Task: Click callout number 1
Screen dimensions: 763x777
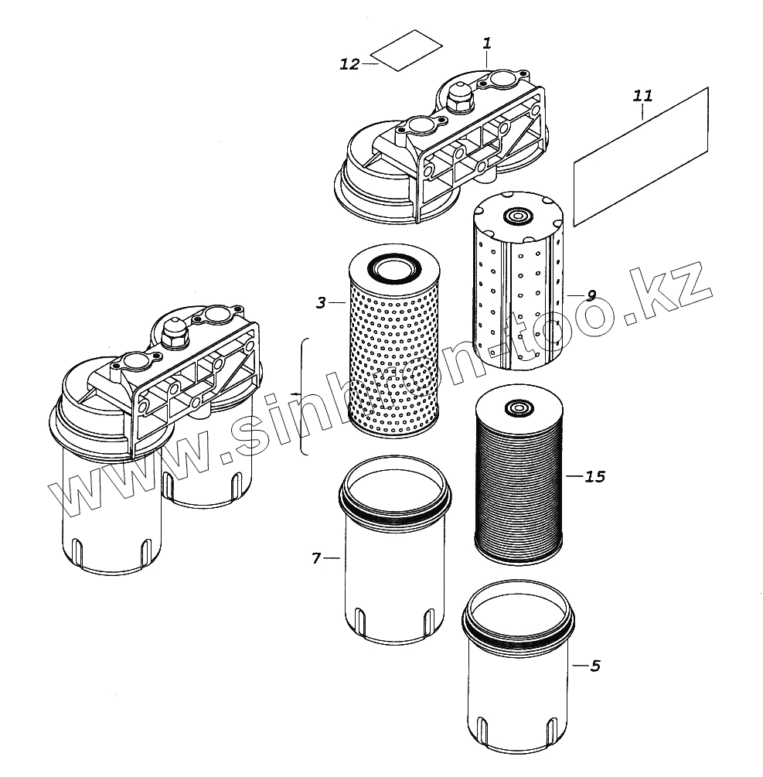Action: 486,43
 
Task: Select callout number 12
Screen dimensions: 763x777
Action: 349,64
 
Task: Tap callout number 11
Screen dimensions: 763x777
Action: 642,96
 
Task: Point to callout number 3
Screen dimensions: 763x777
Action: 322,302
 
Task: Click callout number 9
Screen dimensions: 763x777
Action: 591,295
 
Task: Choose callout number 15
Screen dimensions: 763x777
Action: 594,476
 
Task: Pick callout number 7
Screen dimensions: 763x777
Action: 316,557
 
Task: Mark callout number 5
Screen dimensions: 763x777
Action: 594,665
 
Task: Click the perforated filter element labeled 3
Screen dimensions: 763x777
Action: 394,356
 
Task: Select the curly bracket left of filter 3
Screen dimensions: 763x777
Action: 303,396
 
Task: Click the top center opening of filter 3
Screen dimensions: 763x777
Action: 394,268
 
